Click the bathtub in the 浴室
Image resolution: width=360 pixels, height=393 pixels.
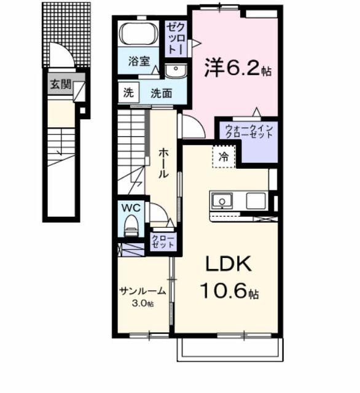138,34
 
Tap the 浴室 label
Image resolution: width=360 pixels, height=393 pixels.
139,61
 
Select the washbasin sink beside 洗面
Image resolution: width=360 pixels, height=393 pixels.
175,72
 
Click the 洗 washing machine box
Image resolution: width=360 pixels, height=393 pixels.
128,93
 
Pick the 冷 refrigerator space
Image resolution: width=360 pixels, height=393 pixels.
225,157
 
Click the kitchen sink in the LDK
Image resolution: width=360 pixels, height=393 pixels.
221,200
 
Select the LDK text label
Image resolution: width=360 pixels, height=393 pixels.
229,265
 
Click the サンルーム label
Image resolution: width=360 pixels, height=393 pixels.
142,291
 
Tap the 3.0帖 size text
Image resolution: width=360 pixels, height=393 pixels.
142,304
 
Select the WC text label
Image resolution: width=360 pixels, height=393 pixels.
130,208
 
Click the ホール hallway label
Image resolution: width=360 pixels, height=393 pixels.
163,163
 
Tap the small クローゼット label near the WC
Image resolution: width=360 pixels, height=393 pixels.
163,241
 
